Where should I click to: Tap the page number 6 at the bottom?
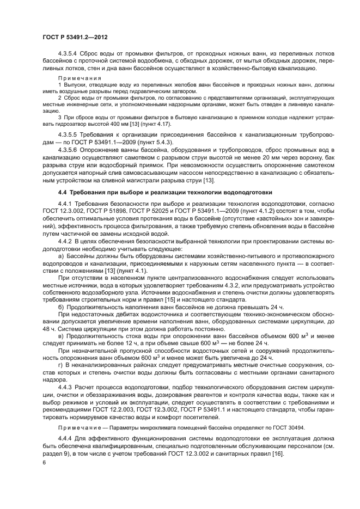(x=44, y=462)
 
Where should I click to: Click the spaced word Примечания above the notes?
(x=76, y=78)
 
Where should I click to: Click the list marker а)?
(x=61, y=255)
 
